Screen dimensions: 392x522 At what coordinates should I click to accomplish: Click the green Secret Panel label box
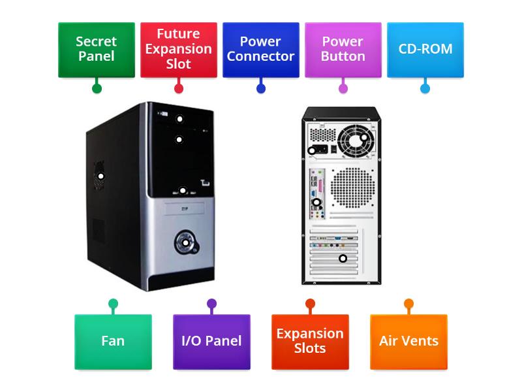tap(97, 49)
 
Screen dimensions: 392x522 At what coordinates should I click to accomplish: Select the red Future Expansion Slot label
tap(179, 49)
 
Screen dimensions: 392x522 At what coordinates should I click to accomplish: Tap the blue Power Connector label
tap(261, 49)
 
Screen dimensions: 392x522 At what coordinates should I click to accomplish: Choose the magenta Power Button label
tap(343, 49)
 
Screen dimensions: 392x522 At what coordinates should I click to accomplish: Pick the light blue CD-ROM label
tap(425, 49)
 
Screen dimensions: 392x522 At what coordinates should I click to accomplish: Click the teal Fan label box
tap(113, 341)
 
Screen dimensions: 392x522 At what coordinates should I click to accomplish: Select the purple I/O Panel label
tap(211, 341)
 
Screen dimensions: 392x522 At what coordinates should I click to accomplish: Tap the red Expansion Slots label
tap(310, 341)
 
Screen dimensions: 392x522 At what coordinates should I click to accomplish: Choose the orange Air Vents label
tap(408, 341)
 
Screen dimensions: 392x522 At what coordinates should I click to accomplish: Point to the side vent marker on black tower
tap(101, 176)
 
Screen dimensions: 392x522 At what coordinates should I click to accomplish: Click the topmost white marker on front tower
tap(179, 119)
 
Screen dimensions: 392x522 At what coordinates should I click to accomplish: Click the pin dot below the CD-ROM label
tap(425, 88)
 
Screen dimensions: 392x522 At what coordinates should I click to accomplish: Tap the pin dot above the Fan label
tap(113, 303)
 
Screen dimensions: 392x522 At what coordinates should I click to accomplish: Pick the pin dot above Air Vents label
tap(408, 303)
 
